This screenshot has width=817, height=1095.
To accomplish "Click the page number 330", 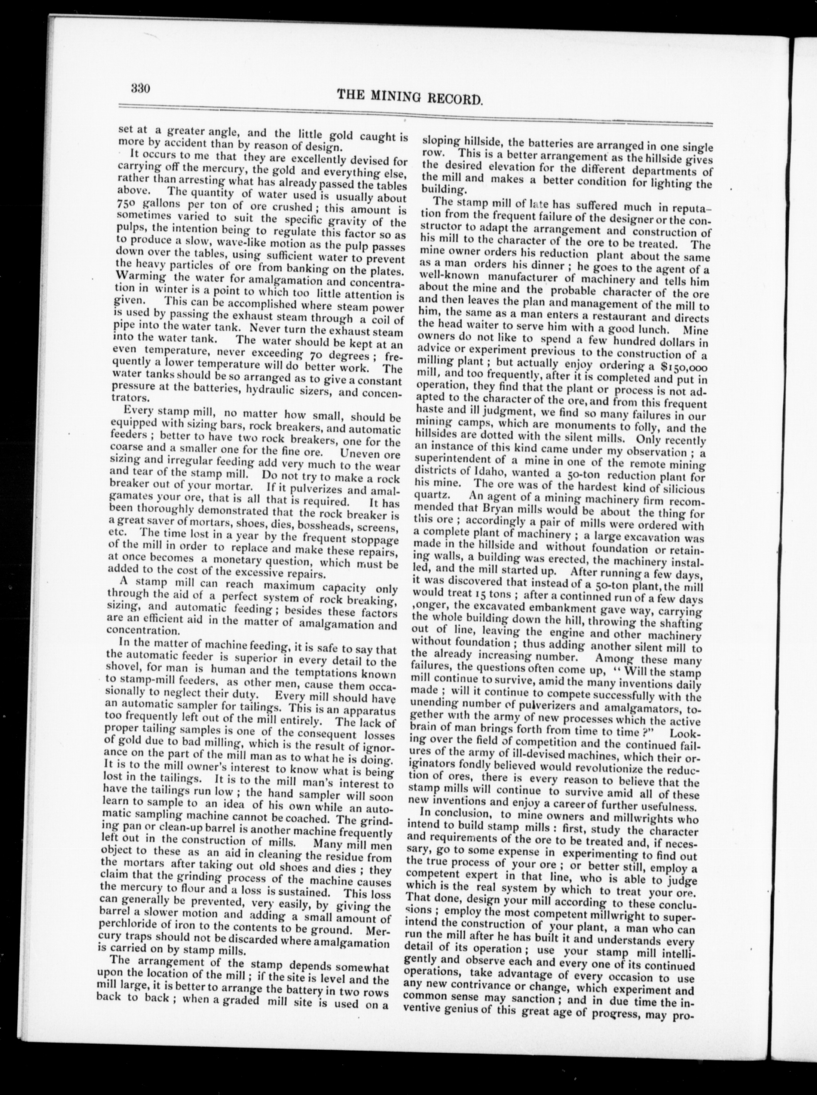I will (x=140, y=89).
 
